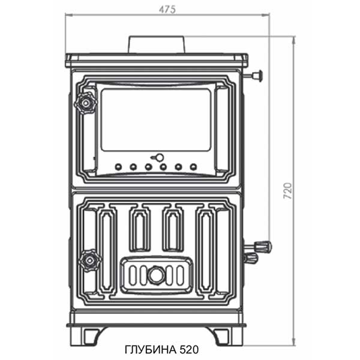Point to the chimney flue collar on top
pos(156,45)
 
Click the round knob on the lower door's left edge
pos(90,259)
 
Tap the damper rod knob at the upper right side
pos(259,76)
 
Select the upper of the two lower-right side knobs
pos(263,246)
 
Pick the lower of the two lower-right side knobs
pos(251,258)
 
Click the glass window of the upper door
pos(155,119)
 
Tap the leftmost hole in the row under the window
pos(118,167)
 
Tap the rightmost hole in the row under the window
pos(193,167)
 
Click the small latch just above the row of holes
pos(158,158)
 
